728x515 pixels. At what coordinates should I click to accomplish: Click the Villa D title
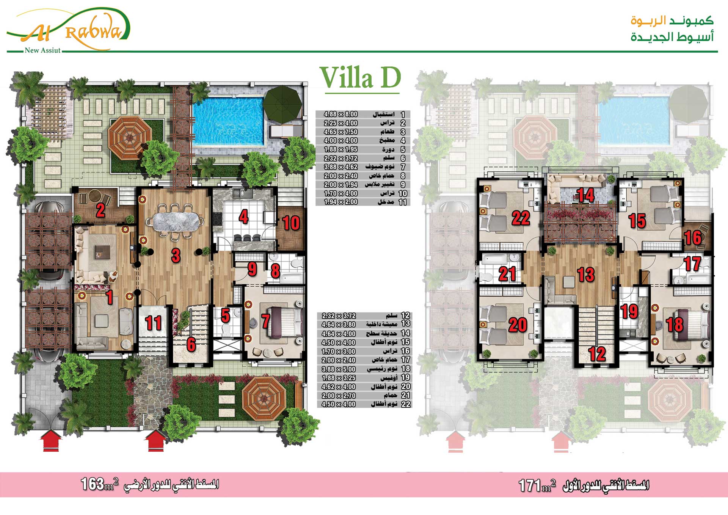pos(360,78)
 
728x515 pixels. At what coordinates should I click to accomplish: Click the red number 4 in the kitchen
pos(243,217)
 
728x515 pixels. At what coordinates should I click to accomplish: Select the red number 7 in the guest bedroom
pos(266,321)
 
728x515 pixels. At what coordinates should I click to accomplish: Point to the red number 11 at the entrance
pos(154,323)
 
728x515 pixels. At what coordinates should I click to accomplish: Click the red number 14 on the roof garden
pos(585,195)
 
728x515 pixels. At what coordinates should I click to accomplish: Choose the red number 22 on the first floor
pos(521,218)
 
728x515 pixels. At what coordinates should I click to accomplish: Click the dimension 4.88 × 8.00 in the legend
pos(340,114)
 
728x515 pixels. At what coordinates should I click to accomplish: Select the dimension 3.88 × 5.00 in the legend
pos(339,369)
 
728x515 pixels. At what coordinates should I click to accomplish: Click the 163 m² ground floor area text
pos(100,484)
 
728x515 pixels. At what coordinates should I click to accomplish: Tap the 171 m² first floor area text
pos(537,485)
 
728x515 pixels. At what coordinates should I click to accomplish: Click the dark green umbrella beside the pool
pos(282,104)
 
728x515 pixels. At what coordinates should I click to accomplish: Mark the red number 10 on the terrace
pos(291,223)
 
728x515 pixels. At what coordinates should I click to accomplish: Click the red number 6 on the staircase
pos(191,344)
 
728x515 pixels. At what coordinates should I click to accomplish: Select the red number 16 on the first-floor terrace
pos(693,238)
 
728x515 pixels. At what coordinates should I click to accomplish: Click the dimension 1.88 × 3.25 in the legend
pos(339,378)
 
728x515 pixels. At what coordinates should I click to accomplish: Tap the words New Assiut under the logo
pos(42,50)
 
